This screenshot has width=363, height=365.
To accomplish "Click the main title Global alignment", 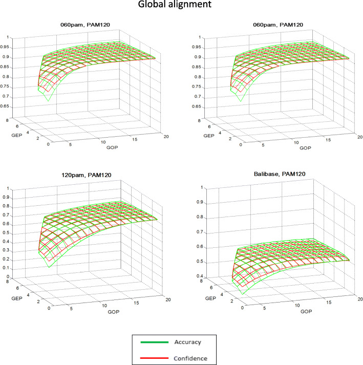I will pos(181,7).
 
